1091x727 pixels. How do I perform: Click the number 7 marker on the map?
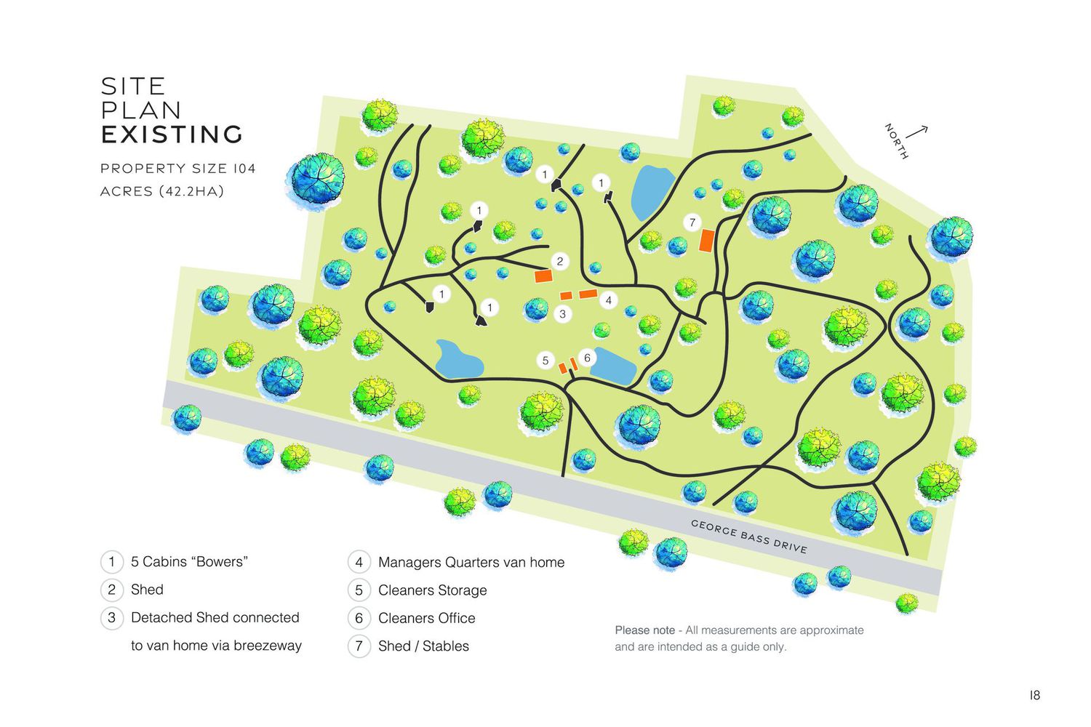pos(692,222)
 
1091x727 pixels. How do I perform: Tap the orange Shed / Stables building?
pos(707,241)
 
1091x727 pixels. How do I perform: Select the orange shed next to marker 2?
pos(543,276)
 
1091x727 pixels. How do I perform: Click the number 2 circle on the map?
pos(560,262)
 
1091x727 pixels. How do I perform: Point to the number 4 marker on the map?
pos(608,300)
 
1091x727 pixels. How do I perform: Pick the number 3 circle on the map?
pos(562,314)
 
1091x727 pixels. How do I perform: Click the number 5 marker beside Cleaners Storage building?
pos(545,361)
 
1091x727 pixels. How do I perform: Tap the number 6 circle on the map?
pos(587,358)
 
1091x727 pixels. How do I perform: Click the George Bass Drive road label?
pos(748,537)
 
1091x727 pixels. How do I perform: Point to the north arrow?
pos(916,132)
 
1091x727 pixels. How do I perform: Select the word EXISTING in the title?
pos(172,134)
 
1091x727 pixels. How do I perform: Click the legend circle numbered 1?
pos(111,562)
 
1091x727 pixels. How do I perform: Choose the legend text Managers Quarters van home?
pos(471,563)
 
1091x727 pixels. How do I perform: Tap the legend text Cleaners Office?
pos(427,618)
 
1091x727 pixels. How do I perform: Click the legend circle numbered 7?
pos(359,646)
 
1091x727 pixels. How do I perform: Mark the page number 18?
pos(1034,695)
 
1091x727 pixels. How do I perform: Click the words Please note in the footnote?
pos(644,630)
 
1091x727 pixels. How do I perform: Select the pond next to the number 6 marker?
pos(612,366)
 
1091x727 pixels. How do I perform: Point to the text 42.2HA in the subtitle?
pos(192,191)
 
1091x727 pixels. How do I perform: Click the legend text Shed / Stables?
pos(423,646)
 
